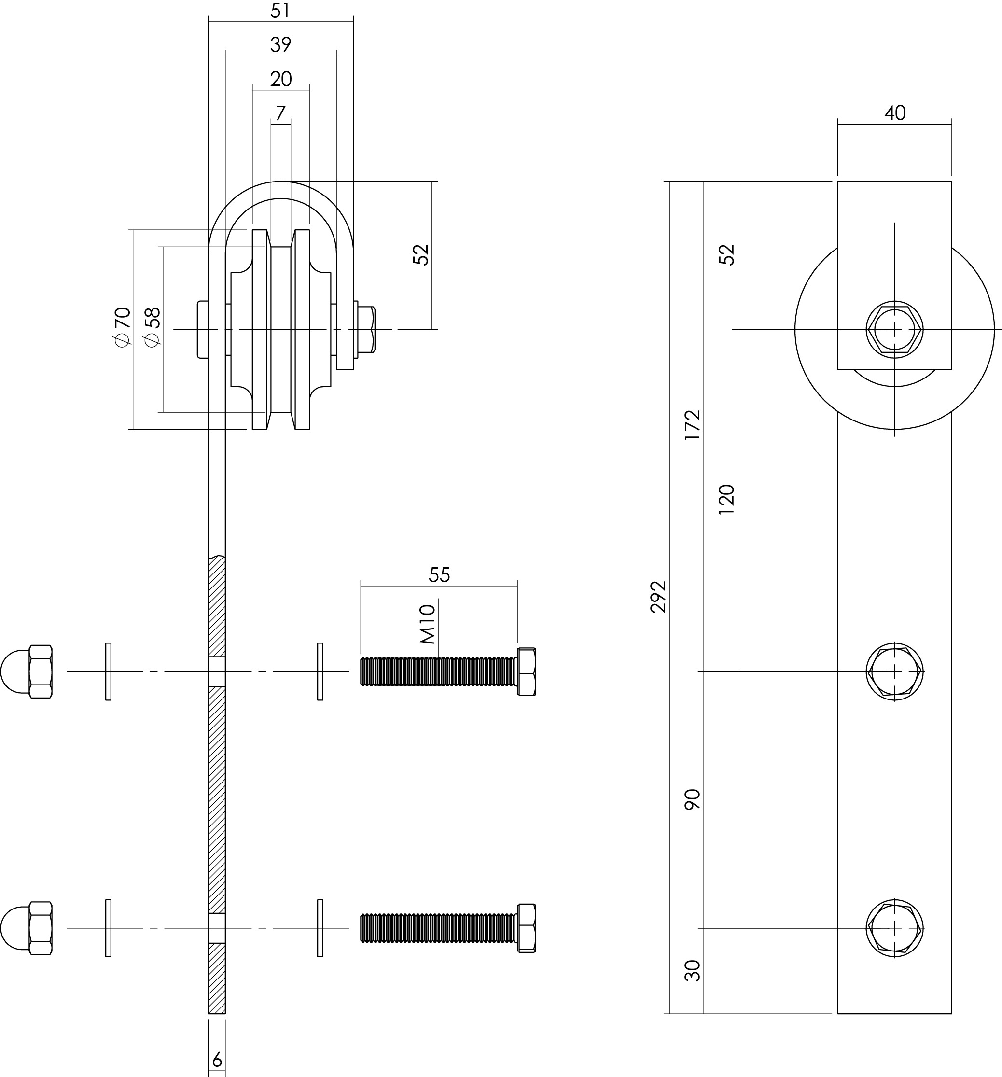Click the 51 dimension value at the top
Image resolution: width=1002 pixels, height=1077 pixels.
280,11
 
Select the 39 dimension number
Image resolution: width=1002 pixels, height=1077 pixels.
280,45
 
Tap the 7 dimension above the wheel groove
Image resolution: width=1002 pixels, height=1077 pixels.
280,113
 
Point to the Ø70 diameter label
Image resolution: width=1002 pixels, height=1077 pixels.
123,327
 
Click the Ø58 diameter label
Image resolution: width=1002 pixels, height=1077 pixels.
153,327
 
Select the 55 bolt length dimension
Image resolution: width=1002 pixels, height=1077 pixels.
439,575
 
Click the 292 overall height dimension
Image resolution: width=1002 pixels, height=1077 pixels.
658,597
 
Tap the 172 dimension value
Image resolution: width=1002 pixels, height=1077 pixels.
693,425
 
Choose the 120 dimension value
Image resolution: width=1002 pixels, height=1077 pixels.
726,500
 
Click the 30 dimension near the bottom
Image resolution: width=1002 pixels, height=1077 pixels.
693,971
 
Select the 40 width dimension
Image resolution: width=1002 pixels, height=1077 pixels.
895,112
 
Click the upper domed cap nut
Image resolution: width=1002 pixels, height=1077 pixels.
27,672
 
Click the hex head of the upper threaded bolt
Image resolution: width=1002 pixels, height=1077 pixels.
527,672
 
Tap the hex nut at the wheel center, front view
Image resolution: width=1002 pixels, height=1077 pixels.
895,329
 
